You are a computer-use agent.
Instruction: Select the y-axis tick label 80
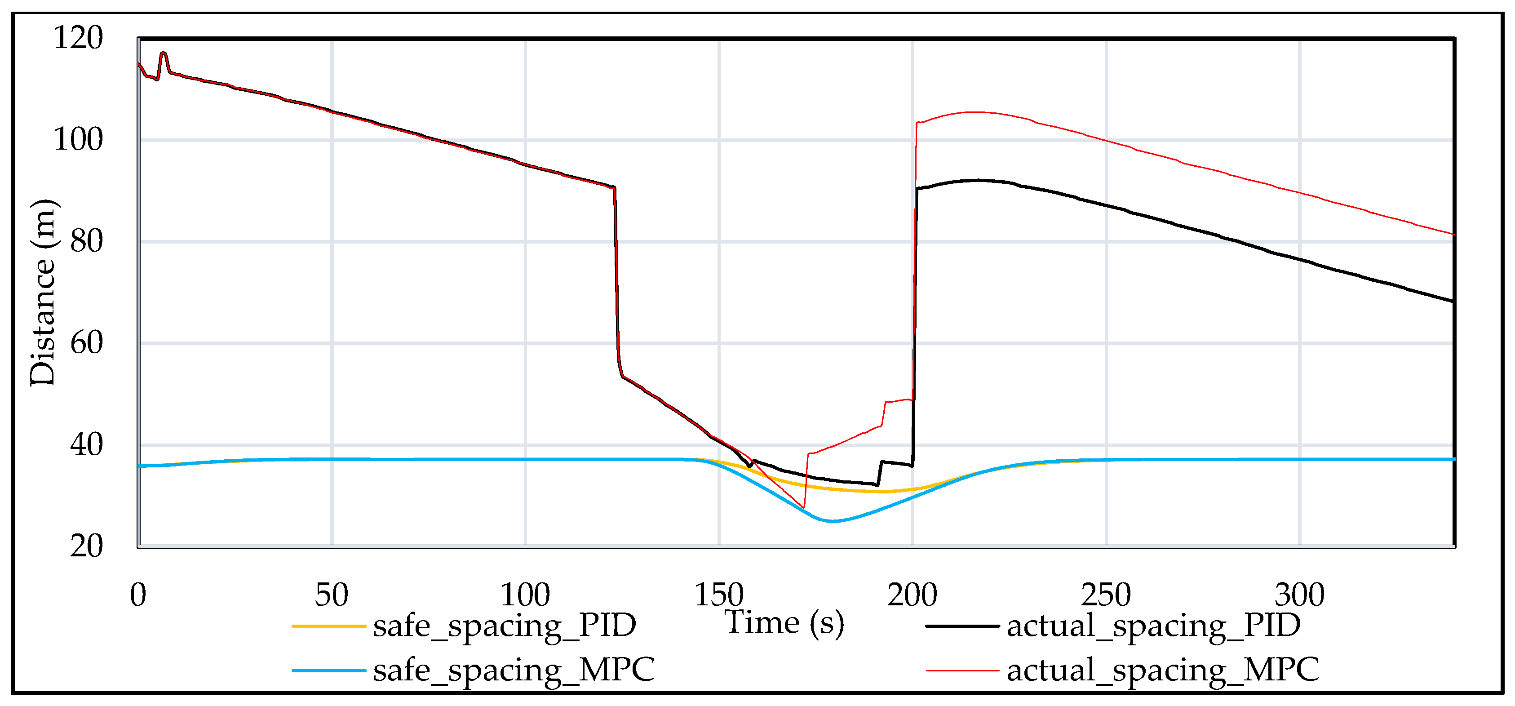(86, 241)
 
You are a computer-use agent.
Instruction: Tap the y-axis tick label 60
(86, 343)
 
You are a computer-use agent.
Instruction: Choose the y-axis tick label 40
(86, 445)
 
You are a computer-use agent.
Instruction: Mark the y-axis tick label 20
(86, 546)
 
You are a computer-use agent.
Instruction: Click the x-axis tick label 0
(138, 595)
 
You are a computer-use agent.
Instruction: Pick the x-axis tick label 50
(332, 595)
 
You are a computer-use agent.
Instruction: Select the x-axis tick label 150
(719, 595)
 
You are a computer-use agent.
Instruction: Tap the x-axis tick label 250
(1106, 595)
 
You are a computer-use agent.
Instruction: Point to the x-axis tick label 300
(1299, 595)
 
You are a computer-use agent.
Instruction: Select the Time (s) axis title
(784, 623)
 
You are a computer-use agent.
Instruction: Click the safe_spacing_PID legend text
(505, 626)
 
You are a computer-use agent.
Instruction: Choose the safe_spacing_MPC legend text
(514, 670)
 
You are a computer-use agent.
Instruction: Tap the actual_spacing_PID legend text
(1154, 626)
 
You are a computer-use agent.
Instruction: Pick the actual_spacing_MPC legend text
(1163, 670)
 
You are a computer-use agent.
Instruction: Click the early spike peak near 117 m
(164, 53)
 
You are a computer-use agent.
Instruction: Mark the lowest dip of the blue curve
(832, 521)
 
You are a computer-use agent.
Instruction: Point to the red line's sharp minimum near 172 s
(804, 507)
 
